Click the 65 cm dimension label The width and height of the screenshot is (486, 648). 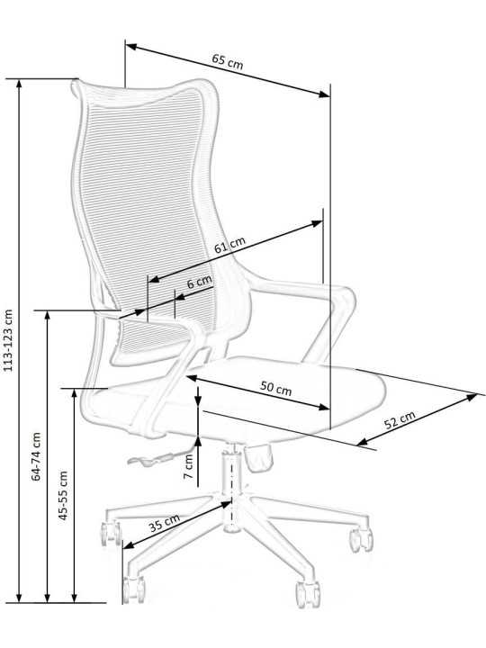tap(228, 61)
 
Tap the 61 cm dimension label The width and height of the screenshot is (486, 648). tap(229, 245)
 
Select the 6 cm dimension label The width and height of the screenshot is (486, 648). tap(200, 282)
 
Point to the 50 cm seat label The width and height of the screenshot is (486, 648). tap(276, 389)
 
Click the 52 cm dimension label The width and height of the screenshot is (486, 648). tap(400, 420)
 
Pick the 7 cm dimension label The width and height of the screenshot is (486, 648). tap(188, 466)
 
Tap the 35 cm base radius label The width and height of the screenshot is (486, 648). tap(164, 523)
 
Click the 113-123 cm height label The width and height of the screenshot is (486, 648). tap(8, 340)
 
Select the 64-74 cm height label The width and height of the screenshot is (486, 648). tap(36, 456)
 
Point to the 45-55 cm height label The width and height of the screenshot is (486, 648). tap(63, 496)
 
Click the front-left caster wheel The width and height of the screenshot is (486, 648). tap(133, 589)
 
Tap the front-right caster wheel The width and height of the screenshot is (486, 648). tap(308, 594)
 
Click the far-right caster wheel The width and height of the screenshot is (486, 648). tap(361, 539)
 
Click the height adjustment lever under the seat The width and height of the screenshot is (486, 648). tap(159, 456)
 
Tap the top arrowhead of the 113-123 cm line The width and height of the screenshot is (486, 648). tap(19, 84)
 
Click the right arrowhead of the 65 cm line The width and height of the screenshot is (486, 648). tap(325, 94)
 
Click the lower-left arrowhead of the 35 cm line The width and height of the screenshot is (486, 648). tap(129, 545)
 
